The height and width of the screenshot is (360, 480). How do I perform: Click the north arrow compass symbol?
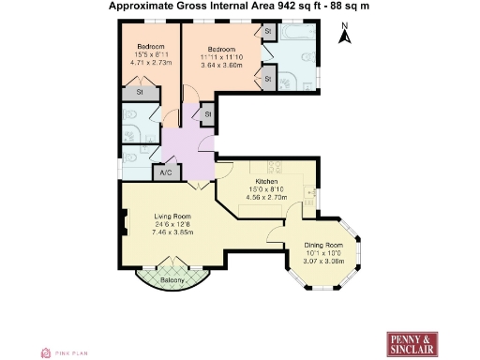click(344, 37)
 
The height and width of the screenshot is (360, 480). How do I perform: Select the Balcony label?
click(171, 279)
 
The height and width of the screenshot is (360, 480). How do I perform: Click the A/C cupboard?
click(167, 173)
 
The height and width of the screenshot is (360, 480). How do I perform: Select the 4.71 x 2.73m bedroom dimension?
click(151, 63)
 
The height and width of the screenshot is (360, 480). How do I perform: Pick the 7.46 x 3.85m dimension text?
click(172, 232)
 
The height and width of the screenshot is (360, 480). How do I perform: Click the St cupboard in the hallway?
click(206, 114)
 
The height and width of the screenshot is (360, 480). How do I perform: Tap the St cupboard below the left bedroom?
click(141, 93)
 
